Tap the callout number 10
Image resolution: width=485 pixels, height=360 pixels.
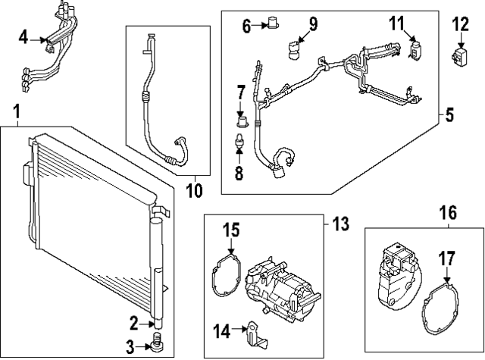195,190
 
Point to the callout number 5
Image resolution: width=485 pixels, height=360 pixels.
449,116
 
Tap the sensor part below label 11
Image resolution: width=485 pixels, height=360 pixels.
414,50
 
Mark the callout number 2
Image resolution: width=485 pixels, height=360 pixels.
133,324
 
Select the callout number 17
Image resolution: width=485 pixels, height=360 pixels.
447,258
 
